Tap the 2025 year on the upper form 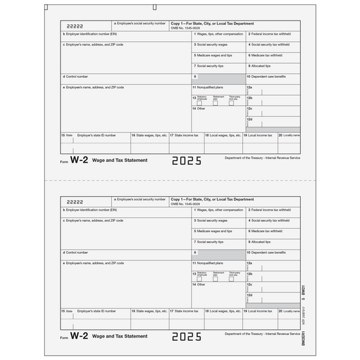pos(186,161)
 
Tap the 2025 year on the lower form pos(186,336)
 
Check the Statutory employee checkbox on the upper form pos(199,103)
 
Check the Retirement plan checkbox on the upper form pos(215,103)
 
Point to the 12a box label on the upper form pos(250,87)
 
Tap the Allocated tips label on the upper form pos(260,66)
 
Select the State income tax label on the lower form pos(184,311)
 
